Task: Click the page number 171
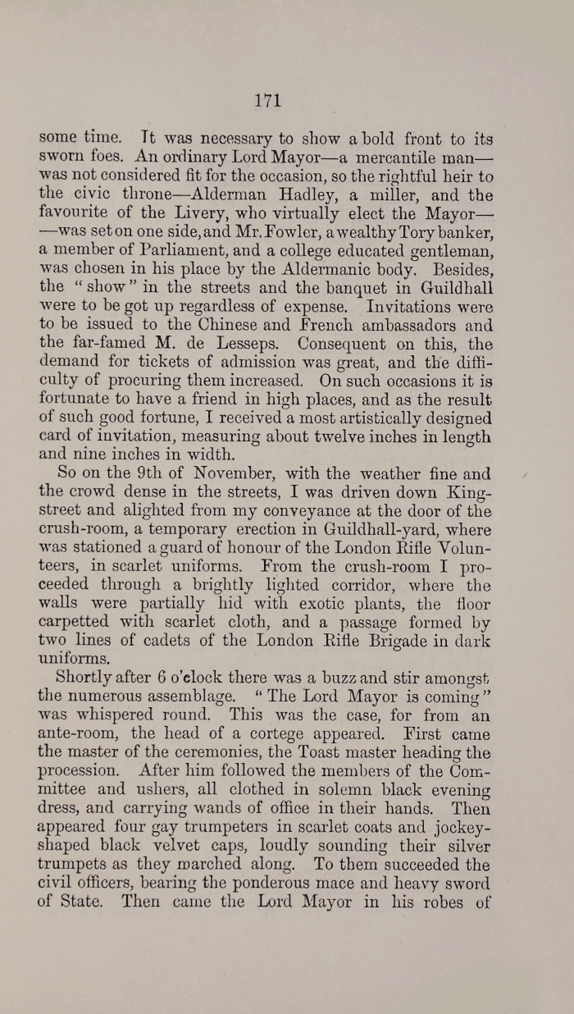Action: (268, 100)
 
